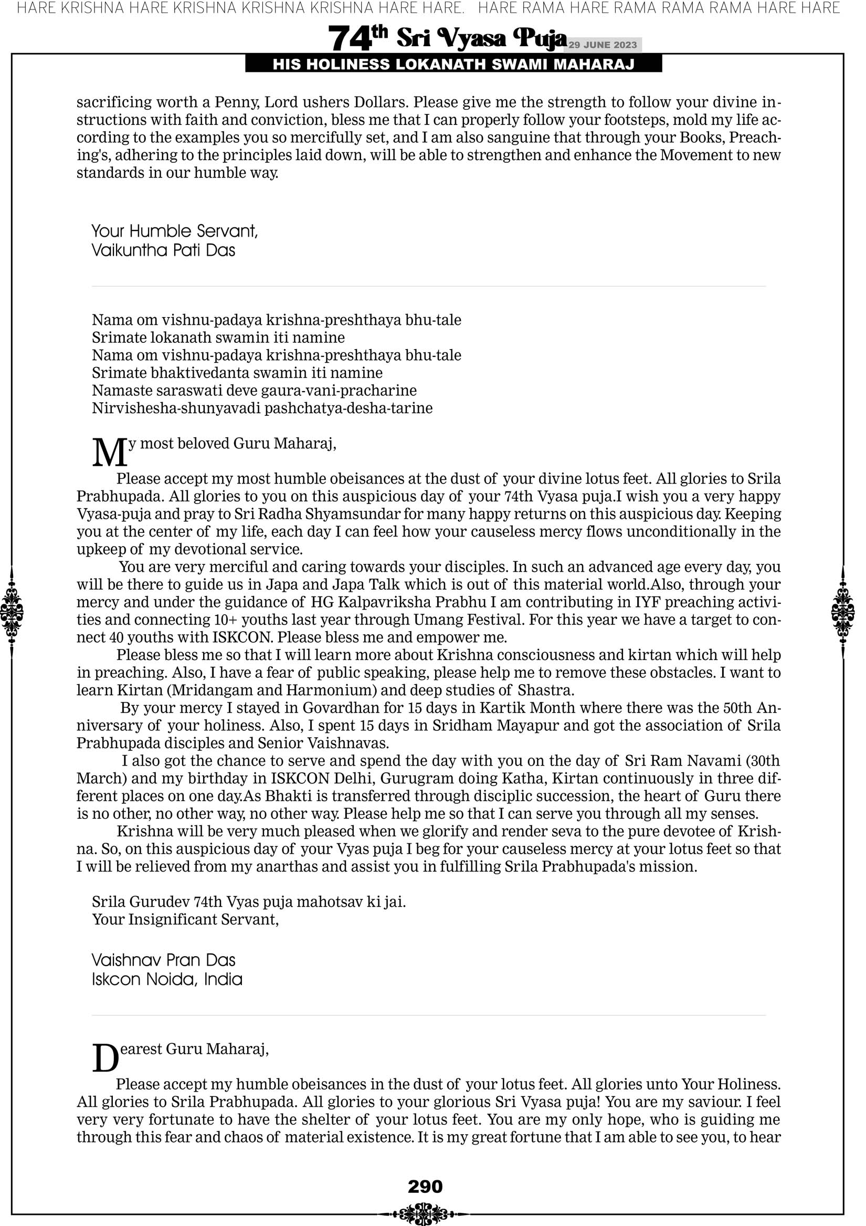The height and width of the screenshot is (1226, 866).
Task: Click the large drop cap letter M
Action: (110, 452)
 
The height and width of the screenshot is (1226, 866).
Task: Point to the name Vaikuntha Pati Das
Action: (163, 250)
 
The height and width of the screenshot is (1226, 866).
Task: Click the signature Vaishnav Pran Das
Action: (163, 960)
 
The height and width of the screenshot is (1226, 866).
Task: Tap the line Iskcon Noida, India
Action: (166, 979)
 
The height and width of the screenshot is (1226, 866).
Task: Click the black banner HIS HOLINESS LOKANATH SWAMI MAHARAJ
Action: (453, 65)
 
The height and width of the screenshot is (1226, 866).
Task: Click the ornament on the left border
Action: (12, 612)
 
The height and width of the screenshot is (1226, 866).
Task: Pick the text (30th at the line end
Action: (762, 760)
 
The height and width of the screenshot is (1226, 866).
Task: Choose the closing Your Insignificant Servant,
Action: (185, 919)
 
